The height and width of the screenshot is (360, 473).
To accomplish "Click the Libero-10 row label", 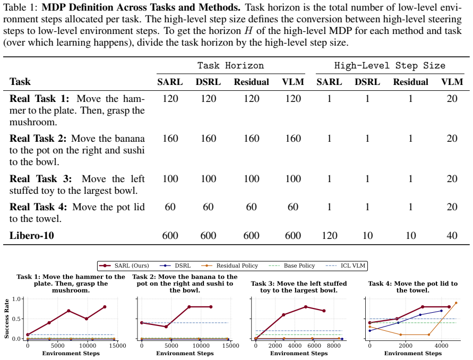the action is (x=32, y=235).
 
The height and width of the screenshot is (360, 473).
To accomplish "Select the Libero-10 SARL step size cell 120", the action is (x=330, y=235).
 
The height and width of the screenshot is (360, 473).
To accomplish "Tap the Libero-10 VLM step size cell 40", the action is (x=452, y=235).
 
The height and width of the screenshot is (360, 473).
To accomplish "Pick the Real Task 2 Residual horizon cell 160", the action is (x=251, y=139).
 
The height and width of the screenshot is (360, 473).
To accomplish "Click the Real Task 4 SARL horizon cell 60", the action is (x=170, y=207).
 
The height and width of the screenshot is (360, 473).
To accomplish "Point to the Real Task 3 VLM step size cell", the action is (x=452, y=178).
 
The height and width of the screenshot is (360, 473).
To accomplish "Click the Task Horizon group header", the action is (x=231, y=65).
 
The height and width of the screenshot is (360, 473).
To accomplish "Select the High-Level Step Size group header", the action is (x=390, y=65).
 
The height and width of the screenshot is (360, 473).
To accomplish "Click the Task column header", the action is (x=20, y=81).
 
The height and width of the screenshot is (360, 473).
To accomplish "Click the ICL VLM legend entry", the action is (x=346, y=265).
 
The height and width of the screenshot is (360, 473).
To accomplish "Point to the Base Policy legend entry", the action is (x=291, y=265).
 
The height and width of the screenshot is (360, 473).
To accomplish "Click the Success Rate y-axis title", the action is (x=7, y=319).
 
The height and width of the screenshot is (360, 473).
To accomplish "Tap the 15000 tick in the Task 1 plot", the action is (x=117, y=346).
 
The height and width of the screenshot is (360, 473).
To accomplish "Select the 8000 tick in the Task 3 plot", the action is (x=333, y=346).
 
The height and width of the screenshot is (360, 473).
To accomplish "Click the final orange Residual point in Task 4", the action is (x=456, y=303).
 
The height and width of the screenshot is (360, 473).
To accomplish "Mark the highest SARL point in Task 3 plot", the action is (x=306, y=307).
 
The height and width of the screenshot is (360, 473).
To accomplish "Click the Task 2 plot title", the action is (x=185, y=284).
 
